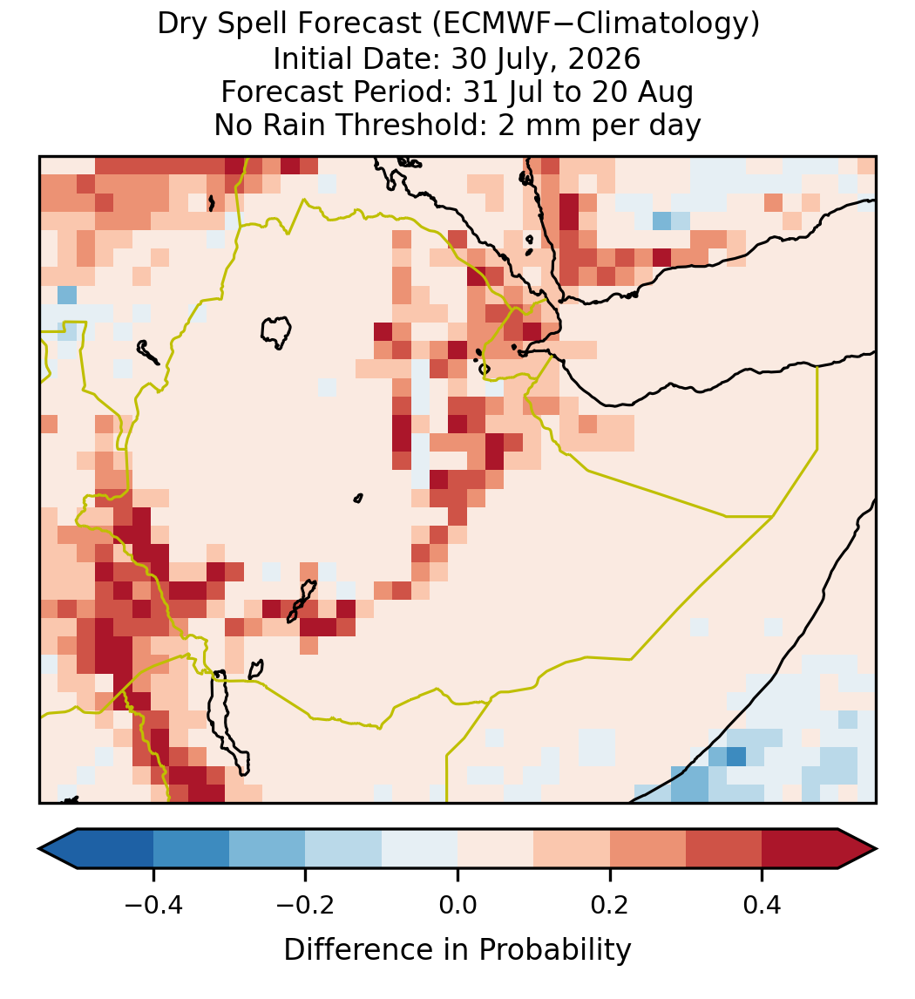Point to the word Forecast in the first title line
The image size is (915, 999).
coord(360,24)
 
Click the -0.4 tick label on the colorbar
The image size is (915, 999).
coord(153,904)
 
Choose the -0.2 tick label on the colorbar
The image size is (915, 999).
coord(305,904)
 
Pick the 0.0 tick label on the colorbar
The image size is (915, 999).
coord(457,904)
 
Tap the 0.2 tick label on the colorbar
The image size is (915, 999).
coord(610,904)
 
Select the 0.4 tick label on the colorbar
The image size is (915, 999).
coord(762,904)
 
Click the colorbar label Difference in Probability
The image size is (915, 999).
coord(457,950)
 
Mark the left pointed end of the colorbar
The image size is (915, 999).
coord(39,849)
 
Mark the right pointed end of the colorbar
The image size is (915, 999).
coord(877,849)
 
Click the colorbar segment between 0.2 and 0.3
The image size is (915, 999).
coord(648,849)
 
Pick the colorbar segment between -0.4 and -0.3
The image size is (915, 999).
coord(191,849)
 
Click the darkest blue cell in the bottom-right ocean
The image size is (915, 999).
coord(736,757)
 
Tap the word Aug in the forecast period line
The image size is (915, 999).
coord(674,92)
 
